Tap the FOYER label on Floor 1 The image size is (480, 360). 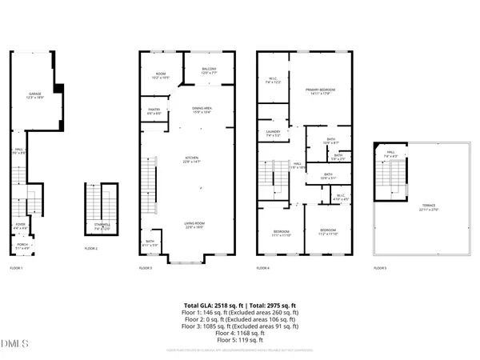click(x=19, y=226)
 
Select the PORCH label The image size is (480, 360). click(x=22, y=246)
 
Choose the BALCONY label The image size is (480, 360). click(x=209, y=70)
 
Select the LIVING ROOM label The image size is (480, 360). click(x=190, y=226)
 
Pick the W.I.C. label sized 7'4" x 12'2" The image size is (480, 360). click(x=274, y=80)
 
